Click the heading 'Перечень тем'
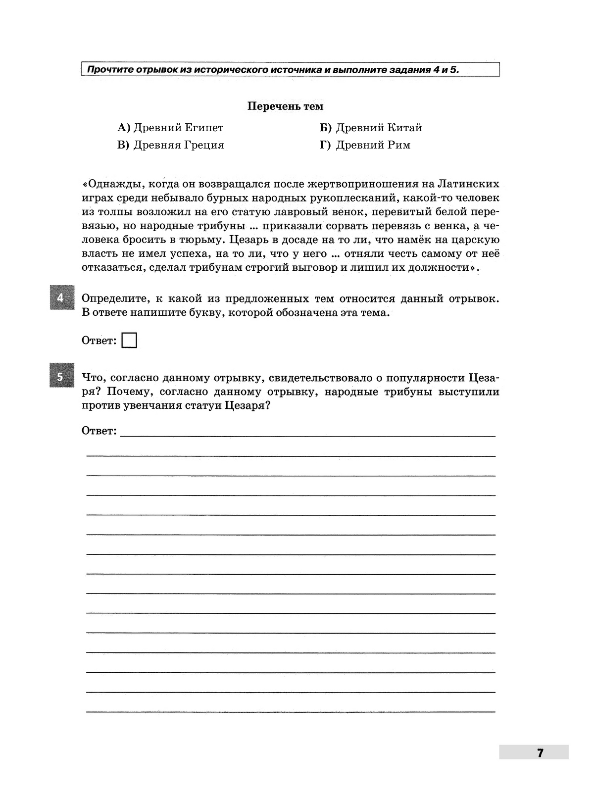point(285,106)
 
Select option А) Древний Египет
point(170,128)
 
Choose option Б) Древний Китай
point(371,128)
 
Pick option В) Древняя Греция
point(171,145)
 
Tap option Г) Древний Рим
point(365,145)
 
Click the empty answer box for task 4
point(129,341)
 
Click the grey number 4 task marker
point(60,298)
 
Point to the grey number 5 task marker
point(60,377)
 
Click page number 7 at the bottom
point(540,753)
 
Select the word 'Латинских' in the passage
point(468,184)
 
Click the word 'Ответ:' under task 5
point(99,431)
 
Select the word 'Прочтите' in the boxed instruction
point(106,70)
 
